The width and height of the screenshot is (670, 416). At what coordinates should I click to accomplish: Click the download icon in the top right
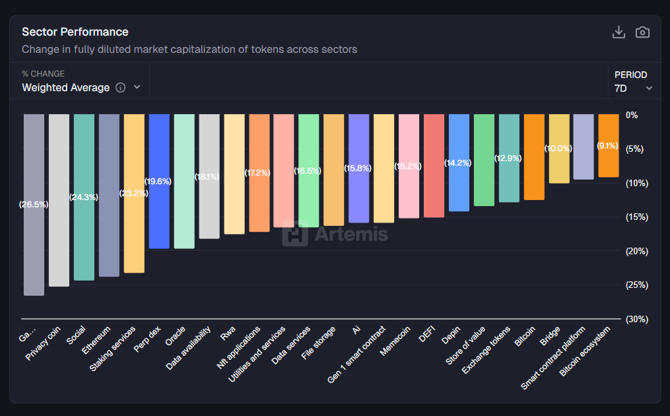click(x=619, y=32)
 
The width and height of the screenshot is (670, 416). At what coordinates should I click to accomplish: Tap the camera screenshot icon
click(x=642, y=32)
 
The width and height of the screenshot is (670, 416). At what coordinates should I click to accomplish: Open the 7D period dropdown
click(x=633, y=88)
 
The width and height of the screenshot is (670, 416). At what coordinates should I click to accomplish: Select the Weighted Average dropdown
click(x=81, y=87)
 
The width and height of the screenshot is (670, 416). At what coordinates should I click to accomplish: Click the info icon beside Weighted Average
click(x=120, y=88)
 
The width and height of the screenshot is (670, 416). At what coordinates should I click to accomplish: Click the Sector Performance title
click(x=75, y=32)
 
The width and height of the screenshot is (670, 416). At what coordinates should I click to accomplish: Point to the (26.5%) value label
click(x=34, y=205)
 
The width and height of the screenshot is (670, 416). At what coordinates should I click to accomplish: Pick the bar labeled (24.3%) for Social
click(x=84, y=197)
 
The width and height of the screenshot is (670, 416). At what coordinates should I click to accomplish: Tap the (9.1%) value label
click(x=607, y=146)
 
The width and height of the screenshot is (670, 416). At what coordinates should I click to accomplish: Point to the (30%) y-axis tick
click(x=638, y=319)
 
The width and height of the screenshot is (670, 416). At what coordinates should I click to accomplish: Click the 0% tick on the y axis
click(x=632, y=115)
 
